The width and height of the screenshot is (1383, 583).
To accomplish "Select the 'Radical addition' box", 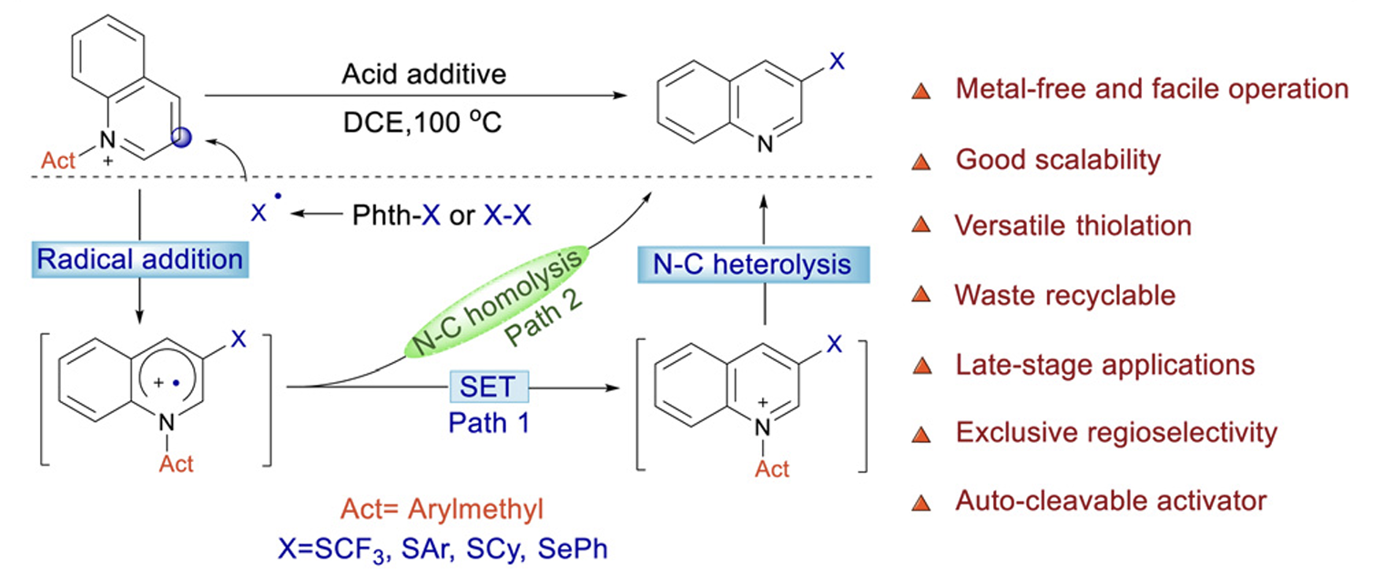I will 140,259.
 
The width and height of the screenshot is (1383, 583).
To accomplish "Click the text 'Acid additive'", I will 423,75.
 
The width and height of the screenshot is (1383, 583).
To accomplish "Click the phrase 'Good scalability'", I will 1058,160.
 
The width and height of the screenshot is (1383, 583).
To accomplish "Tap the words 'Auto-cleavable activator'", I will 1111,500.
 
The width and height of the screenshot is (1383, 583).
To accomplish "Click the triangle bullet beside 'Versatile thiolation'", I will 921,226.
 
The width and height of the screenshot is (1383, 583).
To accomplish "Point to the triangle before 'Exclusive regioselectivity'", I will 921,434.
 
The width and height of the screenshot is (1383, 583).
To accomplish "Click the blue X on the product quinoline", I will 839,62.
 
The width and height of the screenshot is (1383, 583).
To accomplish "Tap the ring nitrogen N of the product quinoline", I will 767,143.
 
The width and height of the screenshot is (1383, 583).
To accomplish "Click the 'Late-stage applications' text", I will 1104,365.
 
